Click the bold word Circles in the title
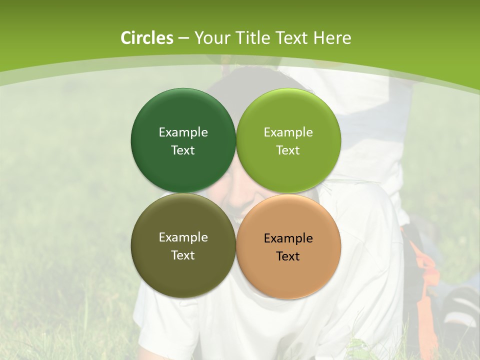[147, 38]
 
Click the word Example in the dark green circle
[183, 132]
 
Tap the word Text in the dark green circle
[183, 150]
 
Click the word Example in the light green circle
[288, 132]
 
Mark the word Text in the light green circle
[288, 150]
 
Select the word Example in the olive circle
[183, 237]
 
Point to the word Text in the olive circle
[183, 255]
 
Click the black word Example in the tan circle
[288, 238]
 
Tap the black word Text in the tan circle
[288, 256]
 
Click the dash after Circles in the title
[183, 38]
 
